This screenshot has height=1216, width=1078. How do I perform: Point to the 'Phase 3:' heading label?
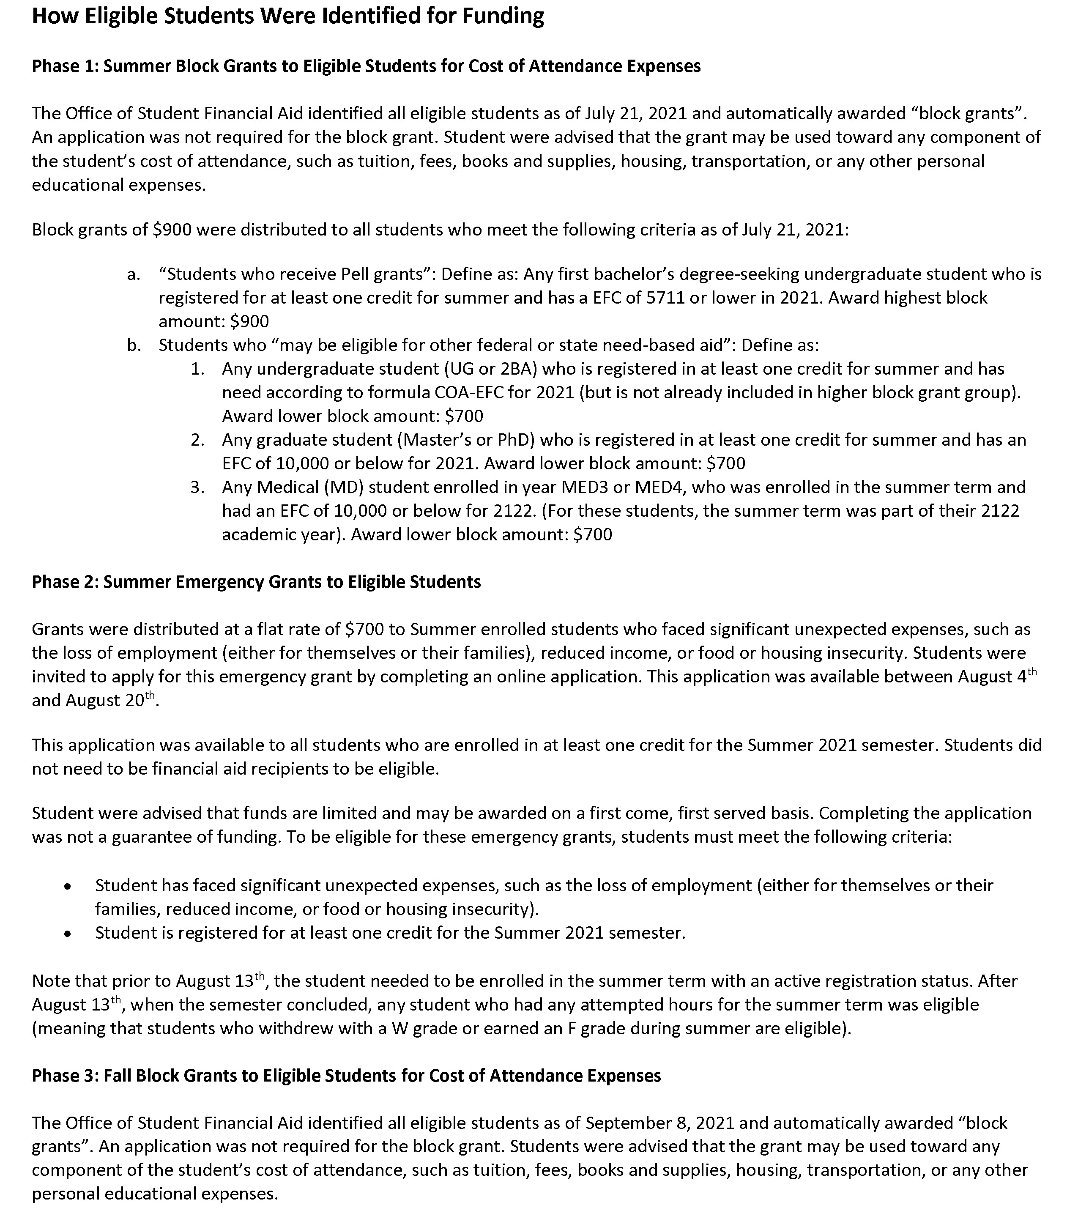tap(66, 1076)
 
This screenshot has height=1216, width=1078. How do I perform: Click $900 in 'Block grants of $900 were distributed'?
tap(172, 230)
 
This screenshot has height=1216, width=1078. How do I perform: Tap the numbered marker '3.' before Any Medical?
tap(197, 487)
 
